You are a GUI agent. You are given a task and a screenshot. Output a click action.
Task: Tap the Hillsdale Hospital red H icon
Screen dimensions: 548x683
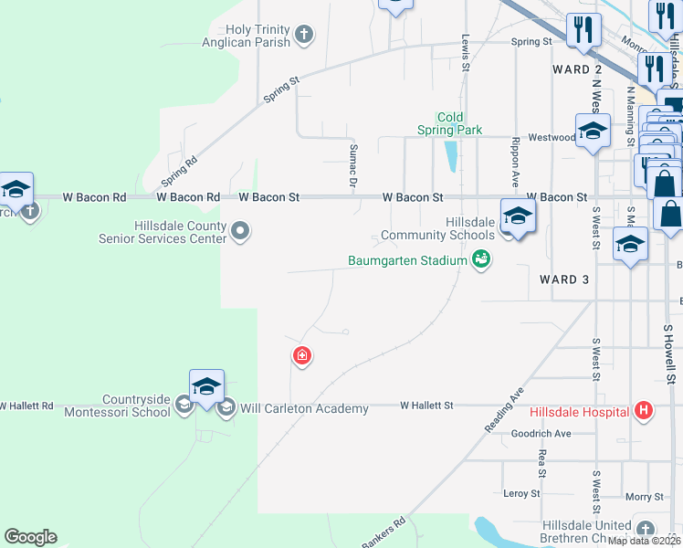pyautogui.click(x=644, y=411)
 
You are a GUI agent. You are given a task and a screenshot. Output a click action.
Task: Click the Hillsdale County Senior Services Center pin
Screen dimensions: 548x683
pyautogui.click(x=240, y=229)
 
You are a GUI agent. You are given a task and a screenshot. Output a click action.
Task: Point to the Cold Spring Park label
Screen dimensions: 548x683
pyautogui.click(x=450, y=124)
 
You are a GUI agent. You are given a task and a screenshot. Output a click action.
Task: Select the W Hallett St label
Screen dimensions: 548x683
pyautogui.click(x=426, y=405)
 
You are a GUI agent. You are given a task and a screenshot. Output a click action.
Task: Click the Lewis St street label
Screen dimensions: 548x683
pyautogui.click(x=466, y=53)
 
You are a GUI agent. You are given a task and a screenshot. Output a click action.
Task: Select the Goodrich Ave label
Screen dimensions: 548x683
pyautogui.click(x=541, y=433)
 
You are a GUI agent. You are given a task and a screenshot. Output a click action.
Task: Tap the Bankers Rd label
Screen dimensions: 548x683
pyautogui.click(x=383, y=534)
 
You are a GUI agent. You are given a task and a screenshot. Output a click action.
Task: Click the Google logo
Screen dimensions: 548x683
pyautogui.click(x=30, y=537)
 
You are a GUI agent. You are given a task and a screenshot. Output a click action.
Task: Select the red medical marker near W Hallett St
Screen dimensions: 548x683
pyautogui.click(x=301, y=356)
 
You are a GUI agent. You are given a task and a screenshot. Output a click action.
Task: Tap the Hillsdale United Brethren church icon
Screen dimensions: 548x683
pyautogui.click(x=646, y=529)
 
